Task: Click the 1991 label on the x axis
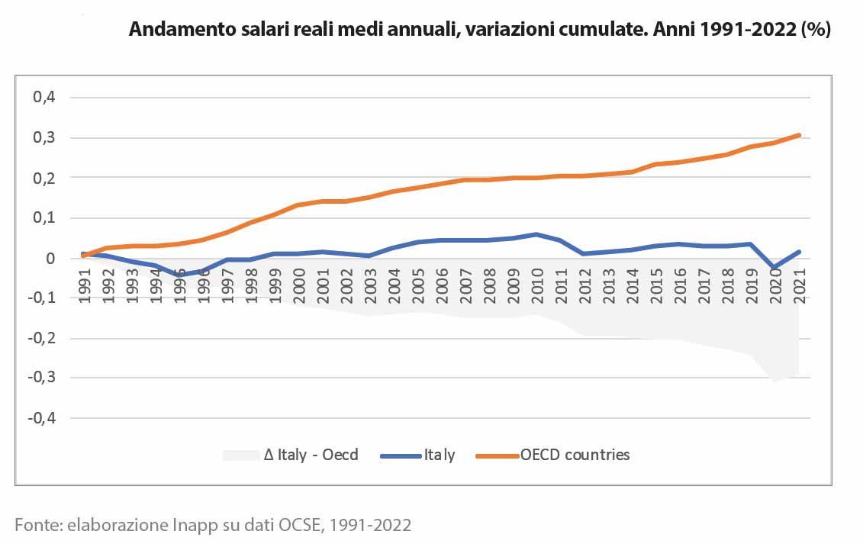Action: pyautogui.click(x=85, y=286)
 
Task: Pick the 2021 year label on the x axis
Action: pyautogui.click(x=800, y=286)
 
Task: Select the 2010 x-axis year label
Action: pyautogui.click(x=537, y=286)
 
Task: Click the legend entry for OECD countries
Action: pyautogui.click(x=575, y=455)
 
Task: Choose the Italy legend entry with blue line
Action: pyautogui.click(x=439, y=455)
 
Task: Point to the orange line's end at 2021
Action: pyautogui.click(x=800, y=135)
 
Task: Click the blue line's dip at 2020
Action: pyautogui.click(x=776, y=268)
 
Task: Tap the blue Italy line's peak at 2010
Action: pyautogui.click(x=537, y=234)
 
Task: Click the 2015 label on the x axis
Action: pyautogui.click(x=656, y=286)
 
